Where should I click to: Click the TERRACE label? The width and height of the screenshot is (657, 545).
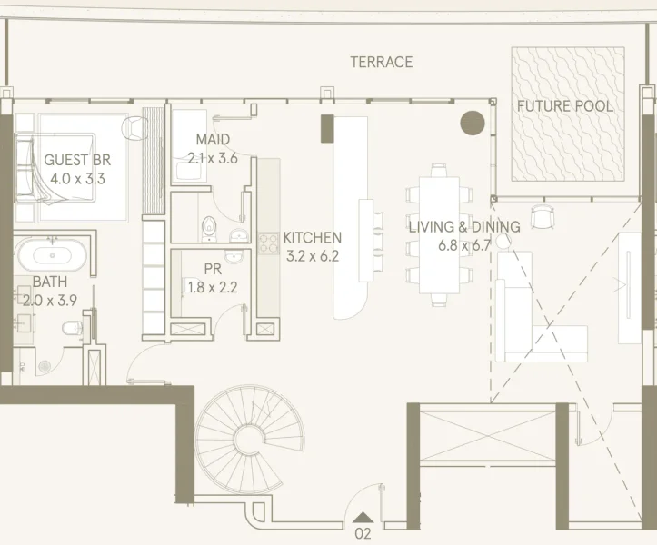[382, 63]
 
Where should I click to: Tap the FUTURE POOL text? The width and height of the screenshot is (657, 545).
[564, 106]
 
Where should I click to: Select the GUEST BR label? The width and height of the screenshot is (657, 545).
[77, 160]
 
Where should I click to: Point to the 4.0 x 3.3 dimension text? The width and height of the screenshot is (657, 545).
[77, 178]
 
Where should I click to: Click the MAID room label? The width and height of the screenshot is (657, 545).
[213, 140]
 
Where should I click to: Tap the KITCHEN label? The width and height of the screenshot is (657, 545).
[312, 238]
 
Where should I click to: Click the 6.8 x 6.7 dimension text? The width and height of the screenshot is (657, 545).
[463, 245]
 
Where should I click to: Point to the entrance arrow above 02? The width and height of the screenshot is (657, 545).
[363, 518]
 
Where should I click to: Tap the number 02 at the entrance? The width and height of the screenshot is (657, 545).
[363, 533]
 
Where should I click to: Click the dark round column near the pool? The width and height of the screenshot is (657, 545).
[473, 123]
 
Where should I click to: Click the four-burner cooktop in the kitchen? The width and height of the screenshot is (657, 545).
[268, 243]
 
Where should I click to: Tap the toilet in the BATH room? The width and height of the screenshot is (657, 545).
[72, 331]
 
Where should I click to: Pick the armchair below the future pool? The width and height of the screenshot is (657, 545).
[542, 216]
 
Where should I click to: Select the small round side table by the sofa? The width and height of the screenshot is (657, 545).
[503, 242]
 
